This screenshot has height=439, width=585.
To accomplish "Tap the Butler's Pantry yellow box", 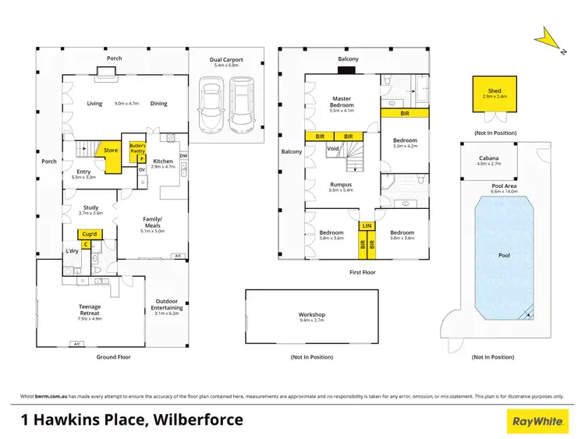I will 138,148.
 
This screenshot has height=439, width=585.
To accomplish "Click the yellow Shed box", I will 495,94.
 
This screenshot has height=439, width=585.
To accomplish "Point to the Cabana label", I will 489,161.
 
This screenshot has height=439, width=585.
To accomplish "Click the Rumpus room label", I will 341,185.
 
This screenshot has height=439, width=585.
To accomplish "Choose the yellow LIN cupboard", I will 367,226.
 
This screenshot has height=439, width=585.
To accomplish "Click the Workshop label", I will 311,316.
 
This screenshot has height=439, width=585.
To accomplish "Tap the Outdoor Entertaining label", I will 167,306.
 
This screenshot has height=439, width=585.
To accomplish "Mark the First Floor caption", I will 363,272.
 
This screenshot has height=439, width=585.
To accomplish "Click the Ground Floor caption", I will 113,357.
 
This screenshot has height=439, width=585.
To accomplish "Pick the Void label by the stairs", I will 332,148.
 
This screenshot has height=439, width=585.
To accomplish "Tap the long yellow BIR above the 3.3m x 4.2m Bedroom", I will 404,113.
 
